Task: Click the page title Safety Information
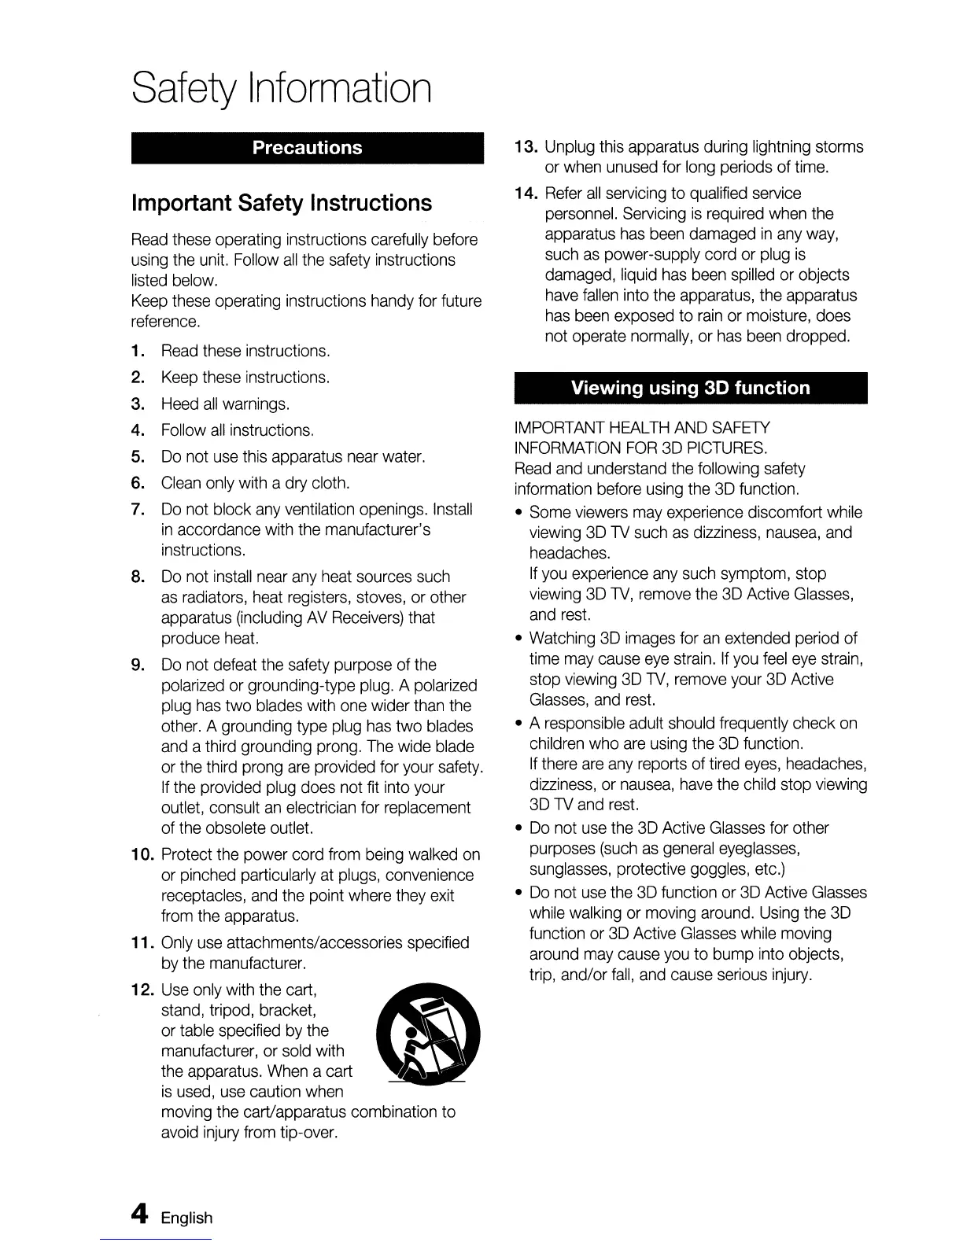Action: (282, 89)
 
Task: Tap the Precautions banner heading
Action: (307, 148)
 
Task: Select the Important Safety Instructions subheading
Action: (281, 203)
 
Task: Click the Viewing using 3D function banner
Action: (689, 388)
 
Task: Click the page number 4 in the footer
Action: (139, 1215)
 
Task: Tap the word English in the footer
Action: (186, 1218)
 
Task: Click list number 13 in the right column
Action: (526, 147)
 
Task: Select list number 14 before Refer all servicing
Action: (526, 194)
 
